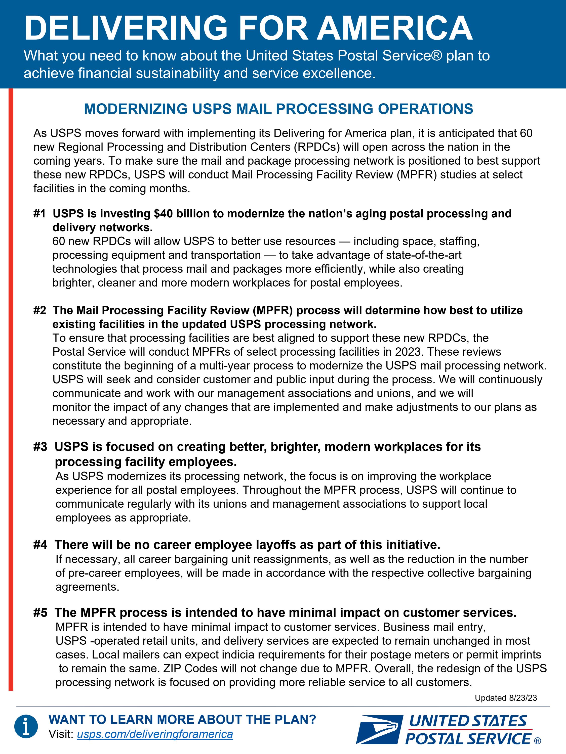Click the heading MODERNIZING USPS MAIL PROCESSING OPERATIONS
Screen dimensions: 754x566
278,109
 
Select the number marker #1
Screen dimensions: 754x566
39,214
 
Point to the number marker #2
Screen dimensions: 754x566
39,310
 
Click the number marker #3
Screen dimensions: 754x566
40,447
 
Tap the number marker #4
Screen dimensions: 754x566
40,545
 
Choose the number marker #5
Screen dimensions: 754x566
40,612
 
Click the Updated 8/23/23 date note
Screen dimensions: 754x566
506,698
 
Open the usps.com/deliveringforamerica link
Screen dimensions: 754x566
155,734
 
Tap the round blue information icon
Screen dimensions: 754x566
26,726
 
